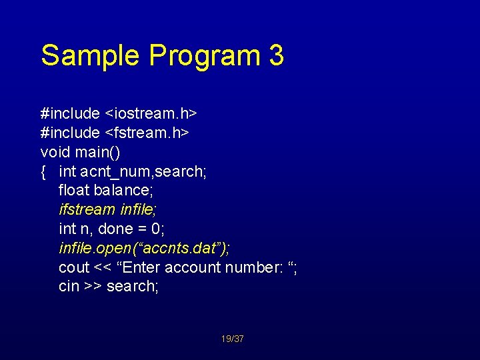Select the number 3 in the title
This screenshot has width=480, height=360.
(277, 55)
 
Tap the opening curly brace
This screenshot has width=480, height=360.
(43, 172)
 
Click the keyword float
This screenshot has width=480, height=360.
(74, 191)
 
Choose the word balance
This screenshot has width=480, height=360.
(126, 191)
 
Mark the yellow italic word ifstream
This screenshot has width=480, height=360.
(87, 209)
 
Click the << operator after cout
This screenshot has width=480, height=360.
(103, 267)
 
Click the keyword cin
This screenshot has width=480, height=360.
(69, 287)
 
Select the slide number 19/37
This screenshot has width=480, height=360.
(233, 339)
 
